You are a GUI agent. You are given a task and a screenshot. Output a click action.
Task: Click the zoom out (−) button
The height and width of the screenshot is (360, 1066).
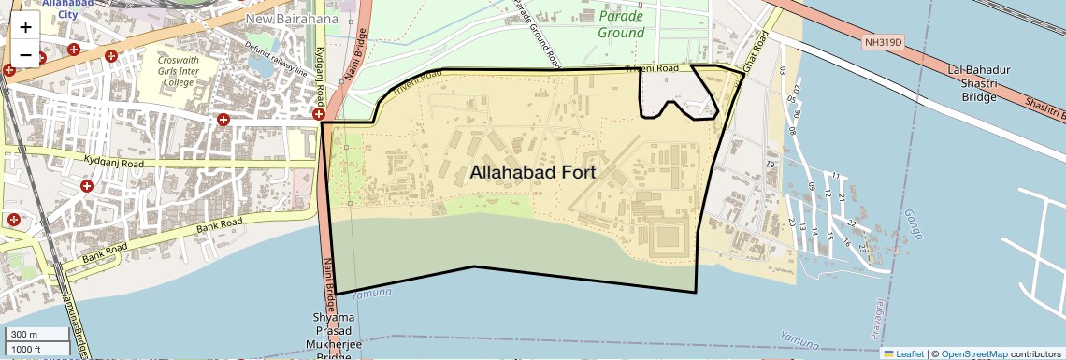point(25,54)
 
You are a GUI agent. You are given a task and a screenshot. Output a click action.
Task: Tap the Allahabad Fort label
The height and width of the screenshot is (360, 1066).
point(533,173)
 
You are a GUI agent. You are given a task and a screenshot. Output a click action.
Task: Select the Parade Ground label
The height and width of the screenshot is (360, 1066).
point(622,25)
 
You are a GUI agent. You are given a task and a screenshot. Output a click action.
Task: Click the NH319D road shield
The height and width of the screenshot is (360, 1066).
point(883,41)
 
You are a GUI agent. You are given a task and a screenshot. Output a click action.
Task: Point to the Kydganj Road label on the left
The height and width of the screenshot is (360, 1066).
point(111,163)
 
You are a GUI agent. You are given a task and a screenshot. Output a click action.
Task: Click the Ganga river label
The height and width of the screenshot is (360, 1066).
point(909,224)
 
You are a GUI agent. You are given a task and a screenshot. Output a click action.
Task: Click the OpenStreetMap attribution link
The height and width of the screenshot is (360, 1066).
point(973,354)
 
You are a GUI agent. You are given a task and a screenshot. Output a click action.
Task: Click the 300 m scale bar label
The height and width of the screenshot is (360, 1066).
point(24,335)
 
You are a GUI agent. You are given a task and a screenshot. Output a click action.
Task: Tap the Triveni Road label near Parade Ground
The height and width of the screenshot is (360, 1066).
point(651,68)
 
